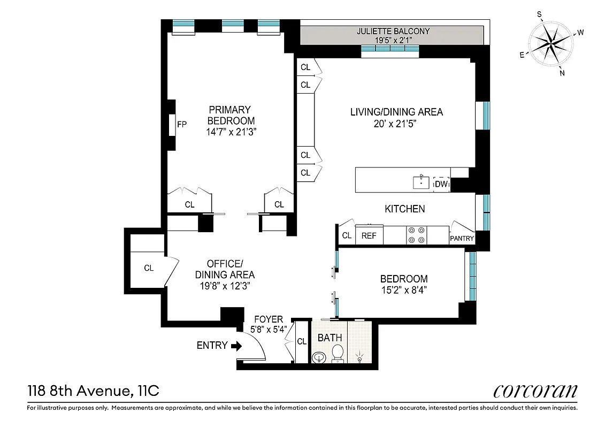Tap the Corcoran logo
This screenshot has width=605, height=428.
535,391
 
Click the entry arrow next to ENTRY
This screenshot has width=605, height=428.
236,346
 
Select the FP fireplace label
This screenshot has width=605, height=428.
182,125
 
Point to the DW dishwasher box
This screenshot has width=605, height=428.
441,184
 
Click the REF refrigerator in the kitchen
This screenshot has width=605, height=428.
369,235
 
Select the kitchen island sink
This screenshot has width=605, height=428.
422,182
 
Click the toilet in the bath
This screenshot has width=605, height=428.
338,354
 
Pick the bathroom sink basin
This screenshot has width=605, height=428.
319,357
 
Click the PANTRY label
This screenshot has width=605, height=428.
462,239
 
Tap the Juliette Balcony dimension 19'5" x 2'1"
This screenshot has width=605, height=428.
393,39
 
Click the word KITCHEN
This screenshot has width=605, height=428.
405,209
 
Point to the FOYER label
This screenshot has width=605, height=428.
268,319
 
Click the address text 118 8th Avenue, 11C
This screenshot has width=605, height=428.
93,392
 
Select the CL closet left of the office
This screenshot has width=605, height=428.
149,268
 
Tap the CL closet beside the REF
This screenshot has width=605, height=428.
347,235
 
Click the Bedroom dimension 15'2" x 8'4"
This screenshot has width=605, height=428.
404,290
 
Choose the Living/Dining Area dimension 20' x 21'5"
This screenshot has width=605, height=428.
396,124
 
